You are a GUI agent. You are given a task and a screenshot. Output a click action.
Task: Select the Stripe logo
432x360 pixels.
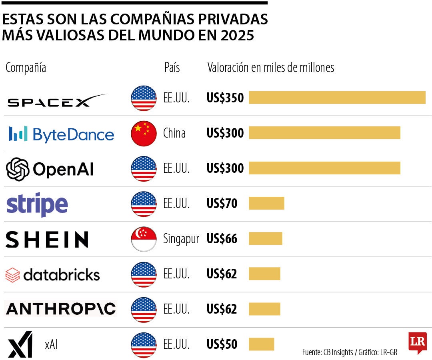[37, 204]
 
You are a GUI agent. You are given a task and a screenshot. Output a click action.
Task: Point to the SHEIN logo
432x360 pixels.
[47, 239]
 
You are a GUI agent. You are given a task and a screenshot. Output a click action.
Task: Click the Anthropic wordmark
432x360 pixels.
[61, 309]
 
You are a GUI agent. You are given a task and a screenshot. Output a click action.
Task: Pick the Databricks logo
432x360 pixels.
[52, 274]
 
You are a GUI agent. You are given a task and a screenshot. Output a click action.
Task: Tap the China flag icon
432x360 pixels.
[144, 133]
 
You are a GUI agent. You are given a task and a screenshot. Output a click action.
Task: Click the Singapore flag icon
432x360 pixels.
[144, 239]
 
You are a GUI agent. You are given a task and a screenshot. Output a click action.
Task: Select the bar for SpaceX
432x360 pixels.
[337, 98]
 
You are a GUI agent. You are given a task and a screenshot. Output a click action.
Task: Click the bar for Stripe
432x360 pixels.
[266, 203]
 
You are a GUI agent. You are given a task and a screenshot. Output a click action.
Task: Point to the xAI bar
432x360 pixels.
[261, 344]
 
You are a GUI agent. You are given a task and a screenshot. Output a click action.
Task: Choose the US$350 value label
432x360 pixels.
[225, 98]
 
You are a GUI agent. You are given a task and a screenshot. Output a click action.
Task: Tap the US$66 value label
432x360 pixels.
[222, 239]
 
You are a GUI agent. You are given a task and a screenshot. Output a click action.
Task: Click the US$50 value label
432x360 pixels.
[222, 344]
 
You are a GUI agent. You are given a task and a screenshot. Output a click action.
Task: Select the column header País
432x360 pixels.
[172, 68]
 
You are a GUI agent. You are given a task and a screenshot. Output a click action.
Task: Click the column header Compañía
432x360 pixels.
[26, 68]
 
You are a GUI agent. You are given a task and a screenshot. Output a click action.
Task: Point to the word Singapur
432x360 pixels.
[181, 239]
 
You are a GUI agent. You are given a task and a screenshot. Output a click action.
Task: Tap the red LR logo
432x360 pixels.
[417, 342]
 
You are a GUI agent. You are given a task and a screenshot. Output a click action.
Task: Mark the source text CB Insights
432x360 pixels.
[336, 352]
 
